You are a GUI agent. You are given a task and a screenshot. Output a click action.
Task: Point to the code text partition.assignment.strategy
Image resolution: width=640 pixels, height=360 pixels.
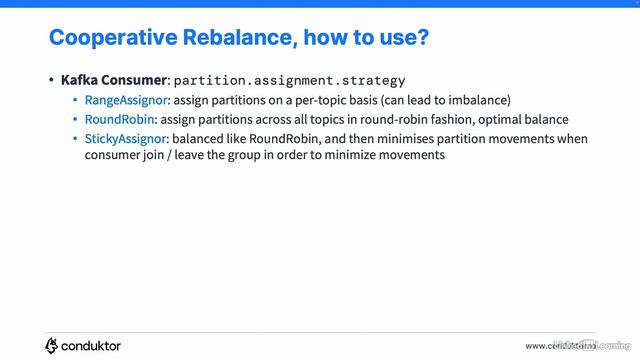click(x=290, y=80)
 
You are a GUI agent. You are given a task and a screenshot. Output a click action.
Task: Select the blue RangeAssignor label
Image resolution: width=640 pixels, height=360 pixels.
click(x=127, y=100)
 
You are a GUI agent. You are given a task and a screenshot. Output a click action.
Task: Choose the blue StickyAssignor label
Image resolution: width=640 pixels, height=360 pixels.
click(x=126, y=138)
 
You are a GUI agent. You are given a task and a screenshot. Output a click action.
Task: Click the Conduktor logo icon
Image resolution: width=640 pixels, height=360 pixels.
click(x=52, y=345)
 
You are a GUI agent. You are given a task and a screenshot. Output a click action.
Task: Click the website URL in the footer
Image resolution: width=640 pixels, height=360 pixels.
click(x=575, y=346)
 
